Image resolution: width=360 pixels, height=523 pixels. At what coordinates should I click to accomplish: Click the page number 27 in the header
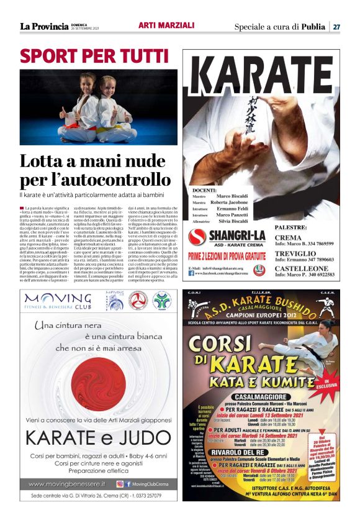[x=336, y=27]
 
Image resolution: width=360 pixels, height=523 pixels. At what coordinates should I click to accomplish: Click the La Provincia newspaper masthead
[x=43, y=27]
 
